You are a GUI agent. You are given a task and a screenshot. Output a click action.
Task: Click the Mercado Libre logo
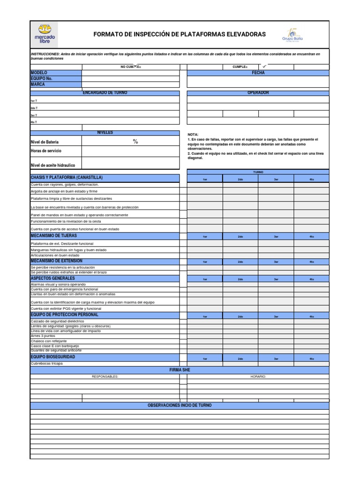pyautogui.click(x=45, y=34)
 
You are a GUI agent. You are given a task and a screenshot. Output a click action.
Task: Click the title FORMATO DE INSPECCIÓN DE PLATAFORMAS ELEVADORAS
pyautogui.click(x=180, y=35)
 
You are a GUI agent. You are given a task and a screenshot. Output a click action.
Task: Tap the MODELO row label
pyautogui.click(x=38, y=73)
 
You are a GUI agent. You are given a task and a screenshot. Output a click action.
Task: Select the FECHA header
pyautogui.click(x=258, y=73)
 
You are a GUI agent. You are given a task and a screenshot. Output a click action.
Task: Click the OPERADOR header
pyautogui.click(x=258, y=93)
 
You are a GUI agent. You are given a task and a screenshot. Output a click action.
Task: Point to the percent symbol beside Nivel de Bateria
pyautogui.click(x=135, y=142)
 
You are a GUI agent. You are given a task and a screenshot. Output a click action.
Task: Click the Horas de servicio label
pyautogui.click(x=46, y=151)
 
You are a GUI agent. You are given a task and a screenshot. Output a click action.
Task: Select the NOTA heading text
pyautogui.click(x=193, y=135)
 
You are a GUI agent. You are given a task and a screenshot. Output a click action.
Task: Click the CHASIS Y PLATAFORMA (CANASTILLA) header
pyautogui.click(x=66, y=178)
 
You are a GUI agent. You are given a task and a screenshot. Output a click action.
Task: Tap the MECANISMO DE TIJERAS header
pyautogui.click(x=53, y=236)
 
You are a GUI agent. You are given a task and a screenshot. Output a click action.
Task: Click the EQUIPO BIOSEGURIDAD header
pyautogui.click(x=52, y=357)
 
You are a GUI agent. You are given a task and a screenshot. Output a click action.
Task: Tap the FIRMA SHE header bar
pyautogui.click(x=180, y=370)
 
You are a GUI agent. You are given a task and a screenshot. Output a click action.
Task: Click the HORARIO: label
pyautogui.click(x=258, y=376)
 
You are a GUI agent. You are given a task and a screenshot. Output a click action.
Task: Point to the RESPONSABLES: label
pyautogui.click(x=105, y=376)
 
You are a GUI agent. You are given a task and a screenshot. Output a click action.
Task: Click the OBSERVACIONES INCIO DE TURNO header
pyautogui.click(x=180, y=405)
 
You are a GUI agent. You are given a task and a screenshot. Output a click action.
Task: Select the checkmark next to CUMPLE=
pyautogui.click(x=264, y=67)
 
